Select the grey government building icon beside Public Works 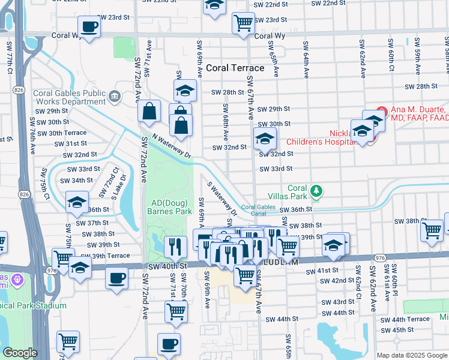pos(114,95)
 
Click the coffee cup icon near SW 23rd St pos(89,27)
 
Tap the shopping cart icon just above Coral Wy pos(243,23)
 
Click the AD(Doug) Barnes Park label pos(172,207)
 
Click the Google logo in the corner pos(19,353)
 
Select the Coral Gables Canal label pos(258,207)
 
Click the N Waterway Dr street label pos(171,146)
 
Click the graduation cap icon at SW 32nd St pos(264,139)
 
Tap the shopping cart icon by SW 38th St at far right pos(432,230)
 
